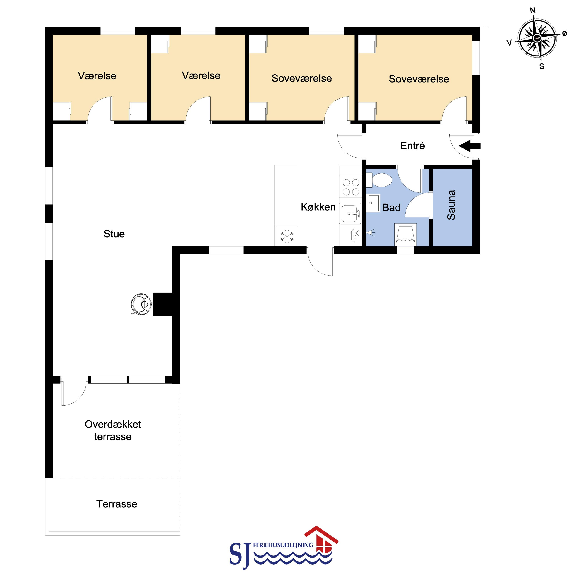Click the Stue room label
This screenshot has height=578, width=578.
point(114,234)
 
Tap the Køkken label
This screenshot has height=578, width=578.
point(318,207)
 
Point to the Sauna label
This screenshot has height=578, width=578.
point(451,205)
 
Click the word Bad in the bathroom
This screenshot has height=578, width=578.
point(391,208)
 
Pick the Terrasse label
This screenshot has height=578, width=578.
point(117,504)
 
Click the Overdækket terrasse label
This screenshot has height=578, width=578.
point(113,430)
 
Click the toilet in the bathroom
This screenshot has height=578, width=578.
point(379,180)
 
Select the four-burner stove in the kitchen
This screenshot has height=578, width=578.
point(351,187)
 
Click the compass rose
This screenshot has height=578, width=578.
point(537,39)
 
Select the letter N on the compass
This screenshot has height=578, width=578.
point(532,11)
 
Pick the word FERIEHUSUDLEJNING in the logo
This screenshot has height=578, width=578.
point(283,545)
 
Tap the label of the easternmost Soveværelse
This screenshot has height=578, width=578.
point(419,79)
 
